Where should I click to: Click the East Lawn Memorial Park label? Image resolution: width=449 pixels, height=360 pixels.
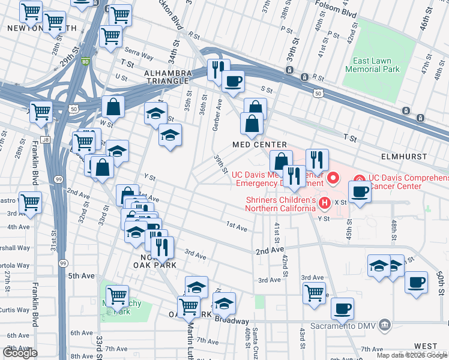pos(376,65)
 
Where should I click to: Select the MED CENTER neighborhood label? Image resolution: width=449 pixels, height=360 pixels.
pos(260,145)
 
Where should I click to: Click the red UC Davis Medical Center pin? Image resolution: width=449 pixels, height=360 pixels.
pos(333,178)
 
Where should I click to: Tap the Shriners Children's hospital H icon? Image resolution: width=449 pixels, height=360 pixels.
pos(325,203)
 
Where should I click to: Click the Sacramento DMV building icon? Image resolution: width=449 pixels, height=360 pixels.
pos(385,326)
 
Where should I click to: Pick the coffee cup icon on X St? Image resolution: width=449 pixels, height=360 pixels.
pos(360,192)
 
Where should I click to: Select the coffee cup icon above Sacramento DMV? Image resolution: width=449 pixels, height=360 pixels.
pos(342,308)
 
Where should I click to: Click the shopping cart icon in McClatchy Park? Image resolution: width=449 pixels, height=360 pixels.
pos(116,295)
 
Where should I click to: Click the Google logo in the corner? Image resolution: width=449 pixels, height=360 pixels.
pos(20,353)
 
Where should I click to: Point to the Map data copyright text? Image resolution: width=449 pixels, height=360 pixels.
pos(412,355)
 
